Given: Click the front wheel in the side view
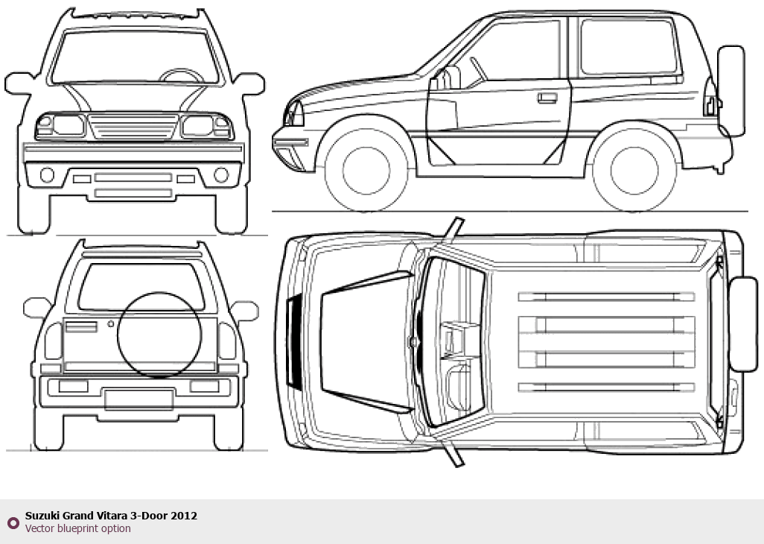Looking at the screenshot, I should click(366, 170).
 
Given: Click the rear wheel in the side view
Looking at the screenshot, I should click(634, 170).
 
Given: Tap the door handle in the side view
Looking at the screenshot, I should click(547, 98).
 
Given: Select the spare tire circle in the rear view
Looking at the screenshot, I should click(159, 333).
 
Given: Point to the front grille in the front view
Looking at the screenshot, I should click(134, 127).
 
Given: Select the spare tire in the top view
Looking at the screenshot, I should click(744, 324).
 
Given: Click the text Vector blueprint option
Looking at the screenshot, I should click(77, 529).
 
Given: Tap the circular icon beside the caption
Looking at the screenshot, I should click(13, 522).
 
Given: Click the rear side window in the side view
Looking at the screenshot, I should click(629, 48).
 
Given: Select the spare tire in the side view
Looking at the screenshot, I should click(731, 91).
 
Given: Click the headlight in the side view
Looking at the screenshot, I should click(294, 114).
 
